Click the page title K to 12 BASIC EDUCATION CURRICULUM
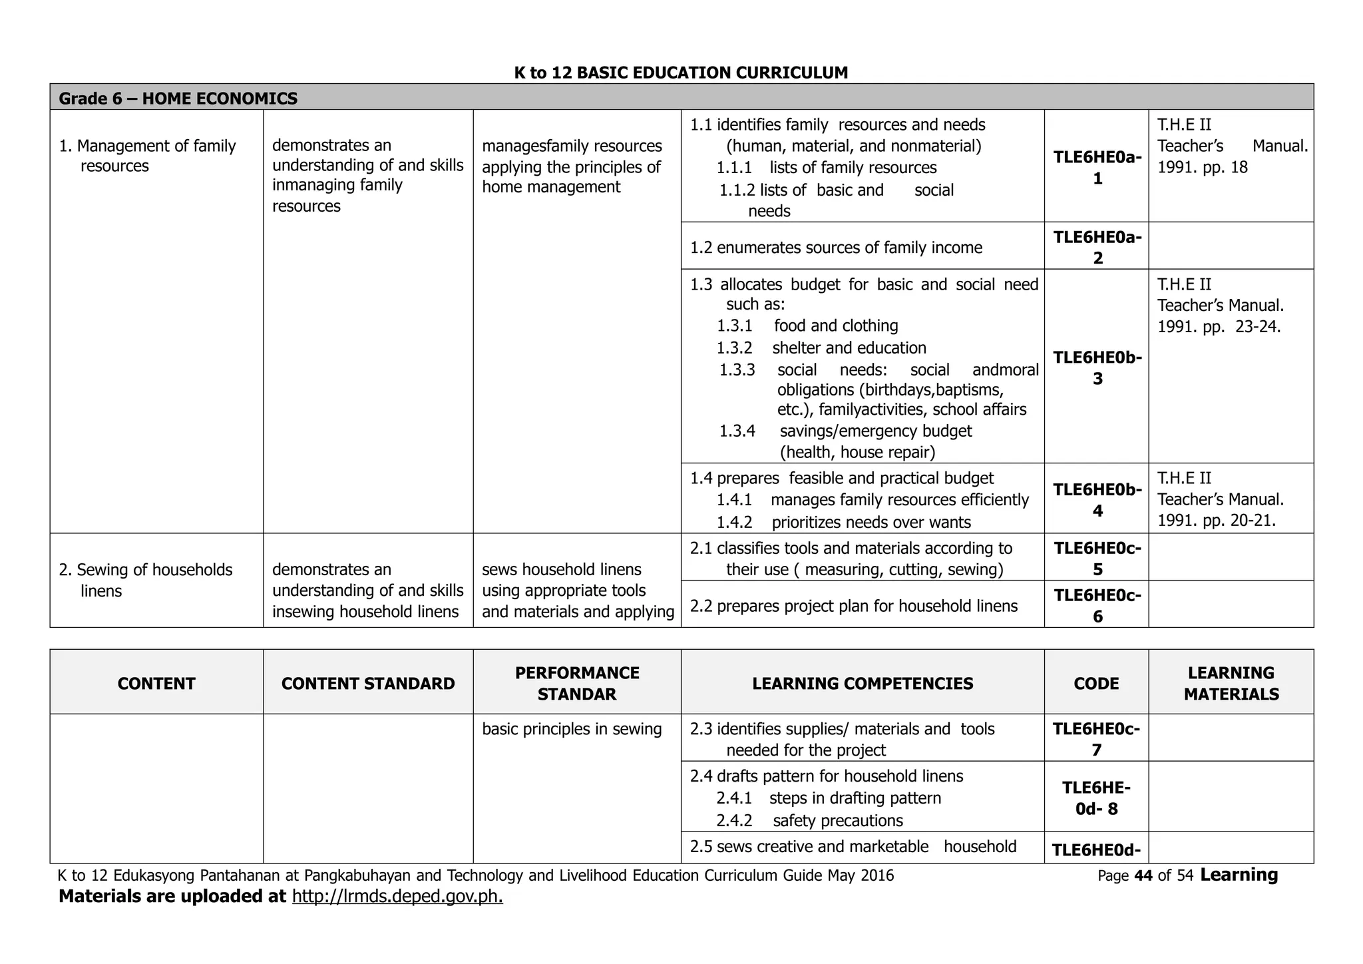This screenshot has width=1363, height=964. pyautogui.click(x=681, y=73)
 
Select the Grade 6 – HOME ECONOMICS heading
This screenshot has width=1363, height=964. pyautogui.click(x=178, y=99)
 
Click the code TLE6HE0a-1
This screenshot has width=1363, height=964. pyautogui.click(x=1097, y=168)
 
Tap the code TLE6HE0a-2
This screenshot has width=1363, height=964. pyautogui.click(x=1097, y=247)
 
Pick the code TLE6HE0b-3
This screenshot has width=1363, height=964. pyautogui.click(x=1097, y=367)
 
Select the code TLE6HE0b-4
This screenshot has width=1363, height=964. pyautogui.click(x=1097, y=500)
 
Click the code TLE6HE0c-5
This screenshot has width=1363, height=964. pyautogui.click(x=1097, y=559)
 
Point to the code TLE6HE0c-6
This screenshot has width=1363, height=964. pyautogui.click(x=1097, y=605)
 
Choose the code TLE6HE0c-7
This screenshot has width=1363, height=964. pyautogui.click(x=1096, y=739)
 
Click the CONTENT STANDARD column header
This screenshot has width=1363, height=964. pyautogui.click(x=368, y=684)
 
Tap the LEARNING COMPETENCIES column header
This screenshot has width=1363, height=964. pyautogui.click(x=863, y=684)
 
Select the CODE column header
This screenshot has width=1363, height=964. pyautogui.click(x=1096, y=684)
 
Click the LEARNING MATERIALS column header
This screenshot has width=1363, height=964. pyautogui.click(x=1231, y=684)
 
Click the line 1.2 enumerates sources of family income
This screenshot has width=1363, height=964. pyautogui.click(x=836, y=248)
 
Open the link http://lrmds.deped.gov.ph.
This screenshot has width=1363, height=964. pyautogui.click(x=397, y=896)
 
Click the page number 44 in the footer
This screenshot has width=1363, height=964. pyautogui.click(x=1143, y=876)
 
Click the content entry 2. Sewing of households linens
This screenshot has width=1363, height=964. pyautogui.click(x=146, y=580)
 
